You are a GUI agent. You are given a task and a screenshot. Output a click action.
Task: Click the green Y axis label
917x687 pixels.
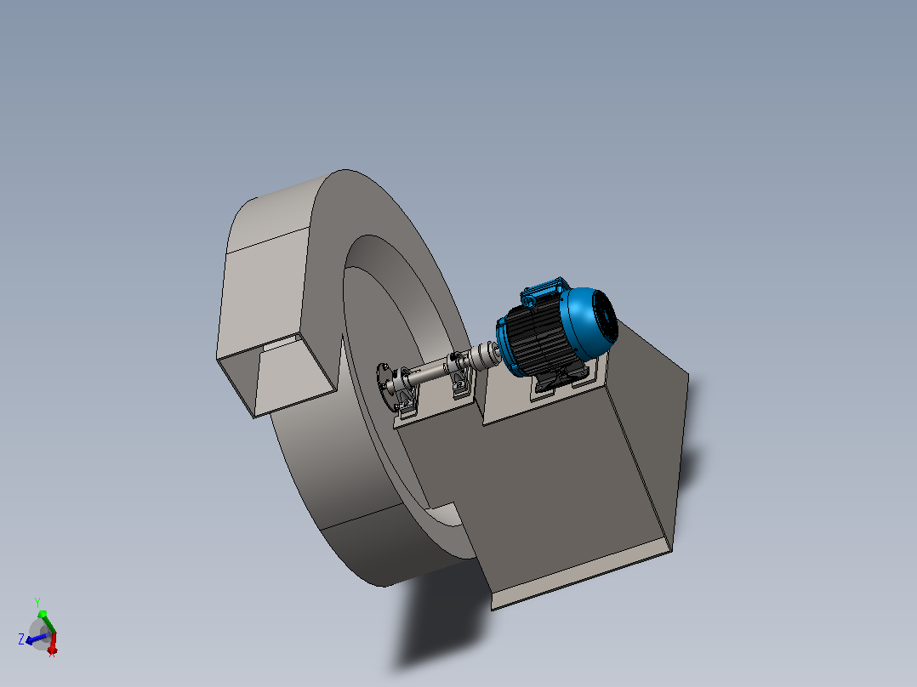click(x=37, y=602)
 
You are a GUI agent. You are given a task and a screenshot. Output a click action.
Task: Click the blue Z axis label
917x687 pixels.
click(x=21, y=639)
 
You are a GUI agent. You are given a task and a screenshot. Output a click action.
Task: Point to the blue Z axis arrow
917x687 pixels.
click(x=37, y=639)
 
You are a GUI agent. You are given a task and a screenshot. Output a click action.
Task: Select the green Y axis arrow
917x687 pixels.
click(x=47, y=622)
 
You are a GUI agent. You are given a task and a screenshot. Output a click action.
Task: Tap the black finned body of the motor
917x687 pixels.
click(x=533, y=342)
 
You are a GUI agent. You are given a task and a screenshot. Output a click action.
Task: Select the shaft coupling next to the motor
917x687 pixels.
click(x=481, y=355)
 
